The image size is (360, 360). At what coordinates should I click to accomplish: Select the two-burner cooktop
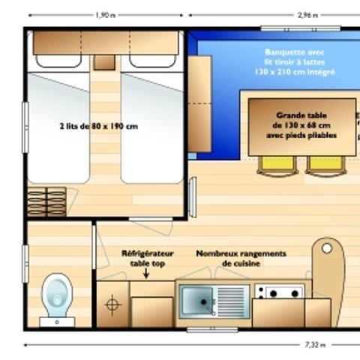coord(278,292)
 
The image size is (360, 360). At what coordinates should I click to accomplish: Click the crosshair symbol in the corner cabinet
coord(113,304)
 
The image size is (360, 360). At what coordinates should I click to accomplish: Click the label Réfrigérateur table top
coord(147,259)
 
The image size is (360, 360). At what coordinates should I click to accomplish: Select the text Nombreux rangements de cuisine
coord(241,259)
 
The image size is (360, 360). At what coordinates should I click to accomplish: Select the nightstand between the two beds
coord(105,62)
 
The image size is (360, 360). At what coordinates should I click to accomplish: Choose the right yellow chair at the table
coord(325,164)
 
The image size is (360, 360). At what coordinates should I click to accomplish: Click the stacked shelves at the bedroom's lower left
coord(46,201)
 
